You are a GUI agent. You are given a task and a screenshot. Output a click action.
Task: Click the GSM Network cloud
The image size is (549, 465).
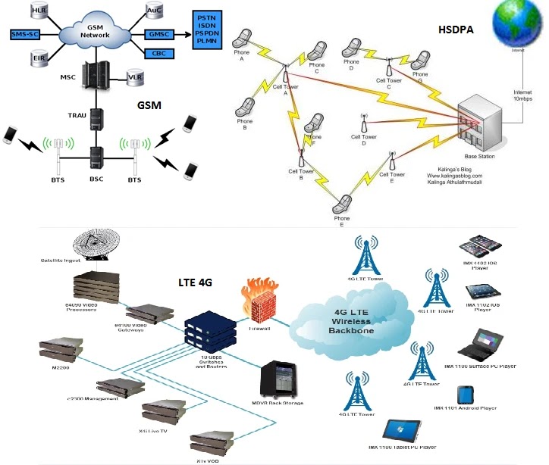point(95,33)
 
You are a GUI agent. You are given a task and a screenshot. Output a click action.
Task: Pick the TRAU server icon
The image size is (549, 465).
point(97,120)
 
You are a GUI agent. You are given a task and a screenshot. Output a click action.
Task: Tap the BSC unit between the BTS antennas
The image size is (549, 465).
point(96,157)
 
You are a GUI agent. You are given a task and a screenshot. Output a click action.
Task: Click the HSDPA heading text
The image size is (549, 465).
point(457,30)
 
